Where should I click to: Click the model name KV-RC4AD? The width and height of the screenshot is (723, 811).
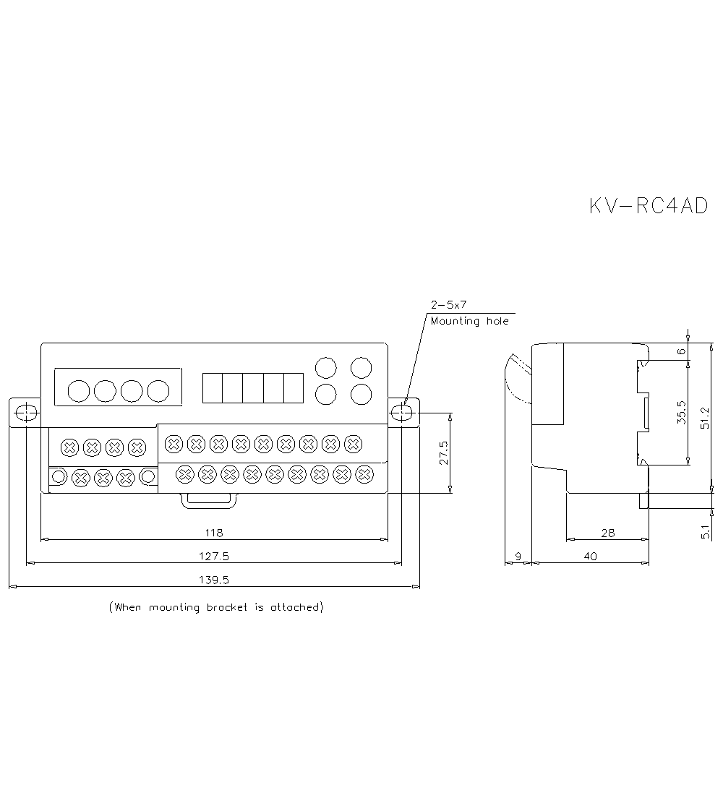tap(649, 206)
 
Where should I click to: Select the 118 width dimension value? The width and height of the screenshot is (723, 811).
tap(214, 533)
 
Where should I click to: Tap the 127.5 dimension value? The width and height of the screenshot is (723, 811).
tap(214, 556)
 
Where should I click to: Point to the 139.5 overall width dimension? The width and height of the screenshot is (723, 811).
tap(214, 580)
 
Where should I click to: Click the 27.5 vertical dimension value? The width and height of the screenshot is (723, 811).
tap(443, 453)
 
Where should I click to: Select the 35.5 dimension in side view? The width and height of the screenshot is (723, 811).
tap(680, 413)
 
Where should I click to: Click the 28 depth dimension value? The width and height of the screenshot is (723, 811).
tap(607, 533)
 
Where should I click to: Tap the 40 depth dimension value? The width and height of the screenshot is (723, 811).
tap(590, 556)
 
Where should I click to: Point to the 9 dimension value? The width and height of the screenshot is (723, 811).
tap(517, 556)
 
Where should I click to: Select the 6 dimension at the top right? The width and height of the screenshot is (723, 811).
tap(680, 351)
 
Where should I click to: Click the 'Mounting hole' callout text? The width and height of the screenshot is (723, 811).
tap(469, 321)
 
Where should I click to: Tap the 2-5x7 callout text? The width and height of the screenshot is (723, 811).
tap(448, 305)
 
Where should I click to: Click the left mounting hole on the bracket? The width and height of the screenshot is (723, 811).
tap(27, 413)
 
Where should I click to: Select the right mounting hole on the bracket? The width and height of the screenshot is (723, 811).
tap(402, 413)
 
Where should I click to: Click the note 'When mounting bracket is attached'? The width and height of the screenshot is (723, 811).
tap(215, 607)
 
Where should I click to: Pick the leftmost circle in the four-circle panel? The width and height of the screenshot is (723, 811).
tap(78, 391)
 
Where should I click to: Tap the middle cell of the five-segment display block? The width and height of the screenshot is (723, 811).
tap(252, 388)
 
